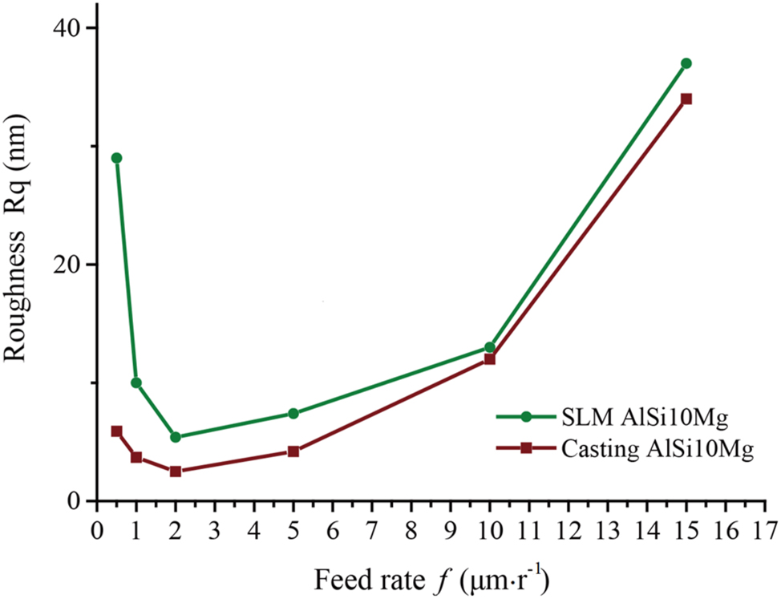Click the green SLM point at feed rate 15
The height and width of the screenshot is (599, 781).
click(686, 63)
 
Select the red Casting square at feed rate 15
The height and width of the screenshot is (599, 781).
click(686, 99)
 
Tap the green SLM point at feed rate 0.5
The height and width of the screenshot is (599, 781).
click(116, 158)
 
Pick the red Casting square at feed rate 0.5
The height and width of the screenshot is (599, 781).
click(116, 431)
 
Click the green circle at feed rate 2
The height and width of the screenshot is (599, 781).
click(176, 437)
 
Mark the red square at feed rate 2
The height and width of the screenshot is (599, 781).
click(176, 472)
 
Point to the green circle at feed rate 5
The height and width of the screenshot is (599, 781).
click(293, 414)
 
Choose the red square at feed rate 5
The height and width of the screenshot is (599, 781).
click(293, 451)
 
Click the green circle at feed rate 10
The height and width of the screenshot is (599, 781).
click(490, 347)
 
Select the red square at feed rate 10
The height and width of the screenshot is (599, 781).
click(490, 359)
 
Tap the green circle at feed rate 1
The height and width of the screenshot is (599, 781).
click(136, 382)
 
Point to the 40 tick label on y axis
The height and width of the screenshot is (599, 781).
click(65, 28)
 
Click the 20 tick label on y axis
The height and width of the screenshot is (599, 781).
click(65, 265)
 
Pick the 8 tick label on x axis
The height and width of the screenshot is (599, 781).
click(411, 531)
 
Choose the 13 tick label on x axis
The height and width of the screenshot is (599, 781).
click(607, 531)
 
